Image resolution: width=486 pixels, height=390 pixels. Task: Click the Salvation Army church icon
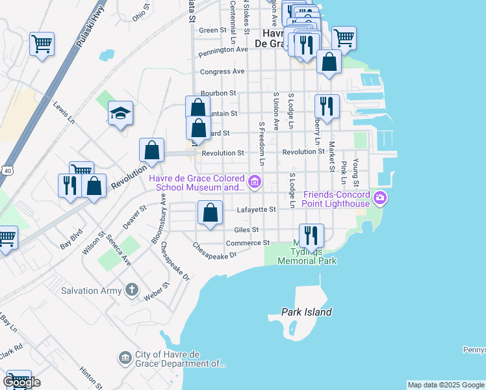click(131, 291)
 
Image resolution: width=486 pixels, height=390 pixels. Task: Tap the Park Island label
click(307, 312)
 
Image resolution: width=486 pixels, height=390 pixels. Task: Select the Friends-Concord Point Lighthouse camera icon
click(380, 199)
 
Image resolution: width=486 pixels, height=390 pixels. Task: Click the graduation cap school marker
click(120, 114)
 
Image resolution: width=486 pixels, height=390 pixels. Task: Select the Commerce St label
click(248, 243)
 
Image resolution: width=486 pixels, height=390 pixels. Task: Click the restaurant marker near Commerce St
click(311, 235)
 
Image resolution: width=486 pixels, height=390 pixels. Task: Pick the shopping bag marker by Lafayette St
click(211, 213)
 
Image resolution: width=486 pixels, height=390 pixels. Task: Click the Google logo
click(21, 382)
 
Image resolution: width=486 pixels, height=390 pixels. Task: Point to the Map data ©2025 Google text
click(445, 385)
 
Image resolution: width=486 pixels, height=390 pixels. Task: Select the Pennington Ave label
click(224, 49)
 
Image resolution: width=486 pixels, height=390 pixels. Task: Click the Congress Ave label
click(222, 71)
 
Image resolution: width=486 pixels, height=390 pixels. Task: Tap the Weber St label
click(157, 291)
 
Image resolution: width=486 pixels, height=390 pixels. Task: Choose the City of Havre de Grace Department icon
click(125, 357)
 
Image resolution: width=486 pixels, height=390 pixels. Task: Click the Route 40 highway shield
click(6, 170)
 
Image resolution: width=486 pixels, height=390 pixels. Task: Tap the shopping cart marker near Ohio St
click(42, 44)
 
